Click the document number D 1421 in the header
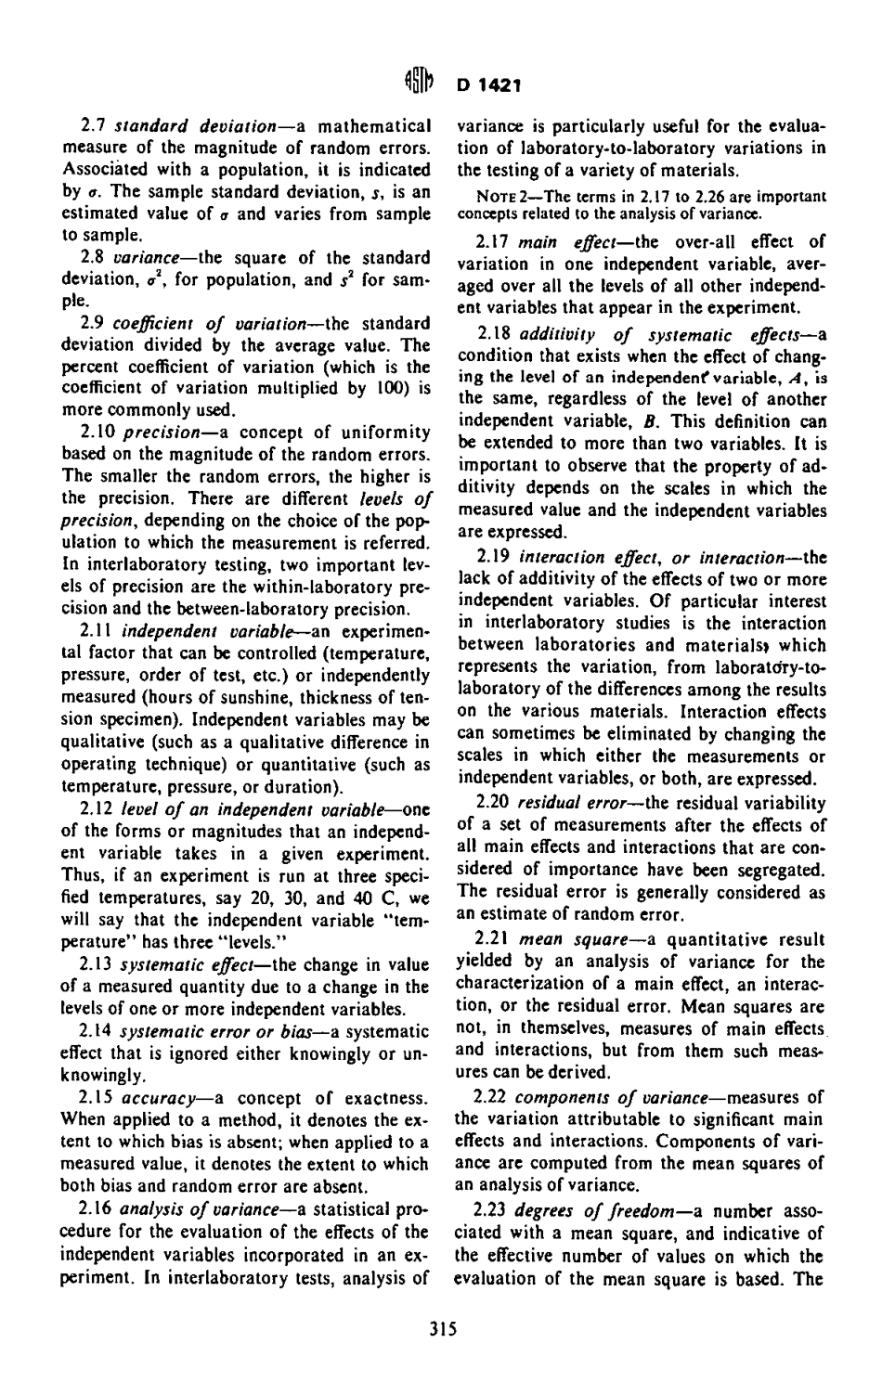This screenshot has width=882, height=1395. point(486,86)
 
